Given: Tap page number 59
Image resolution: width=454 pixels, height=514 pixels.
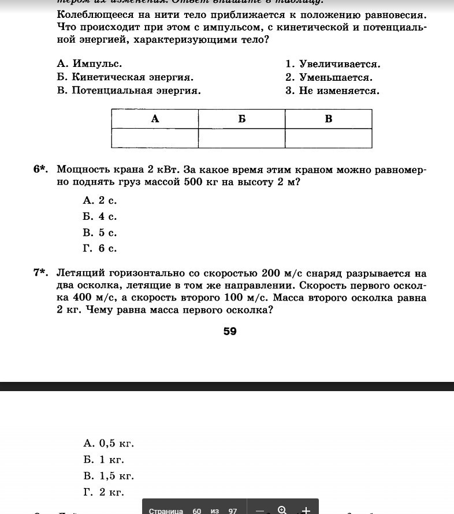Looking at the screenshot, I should [x=230, y=331].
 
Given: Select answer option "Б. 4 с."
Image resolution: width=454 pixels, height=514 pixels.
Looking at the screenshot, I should [x=100, y=217].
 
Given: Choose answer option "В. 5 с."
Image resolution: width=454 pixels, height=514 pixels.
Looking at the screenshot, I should [x=100, y=233].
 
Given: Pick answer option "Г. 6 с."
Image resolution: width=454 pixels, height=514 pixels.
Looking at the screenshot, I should [x=100, y=249].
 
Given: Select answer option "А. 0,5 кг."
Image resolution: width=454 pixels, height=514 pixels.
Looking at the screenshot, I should [x=109, y=444].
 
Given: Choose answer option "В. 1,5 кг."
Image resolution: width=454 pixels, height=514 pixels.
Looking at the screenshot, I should [x=109, y=476].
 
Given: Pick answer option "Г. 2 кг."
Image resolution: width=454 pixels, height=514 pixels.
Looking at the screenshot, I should [x=104, y=492].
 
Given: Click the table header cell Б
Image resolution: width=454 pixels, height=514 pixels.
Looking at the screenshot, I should [x=241, y=119].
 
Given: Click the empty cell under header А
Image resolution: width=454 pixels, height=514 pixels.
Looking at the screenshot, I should [x=155, y=138].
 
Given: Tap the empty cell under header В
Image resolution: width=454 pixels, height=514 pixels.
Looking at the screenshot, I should [x=328, y=138].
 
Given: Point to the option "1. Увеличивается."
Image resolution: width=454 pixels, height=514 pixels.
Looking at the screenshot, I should [x=333, y=64].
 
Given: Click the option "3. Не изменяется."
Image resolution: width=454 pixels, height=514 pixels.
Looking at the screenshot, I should [x=332, y=91].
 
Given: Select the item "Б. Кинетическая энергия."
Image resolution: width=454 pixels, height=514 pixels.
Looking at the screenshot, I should [x=125, y=77].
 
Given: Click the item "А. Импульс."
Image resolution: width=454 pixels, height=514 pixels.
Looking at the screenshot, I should [x=90, y=64].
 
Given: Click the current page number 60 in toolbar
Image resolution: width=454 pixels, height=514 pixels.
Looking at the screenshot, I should [x=197, y=511].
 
